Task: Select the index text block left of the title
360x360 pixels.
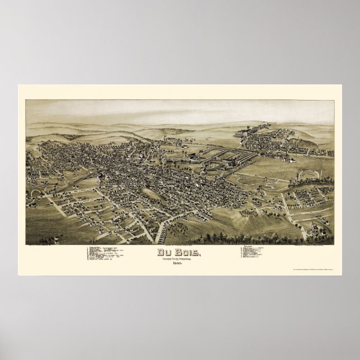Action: tap(112, 253)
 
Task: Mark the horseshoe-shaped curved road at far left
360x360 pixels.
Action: tap(34, 193)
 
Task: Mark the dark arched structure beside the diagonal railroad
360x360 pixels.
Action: tap(100, 178)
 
